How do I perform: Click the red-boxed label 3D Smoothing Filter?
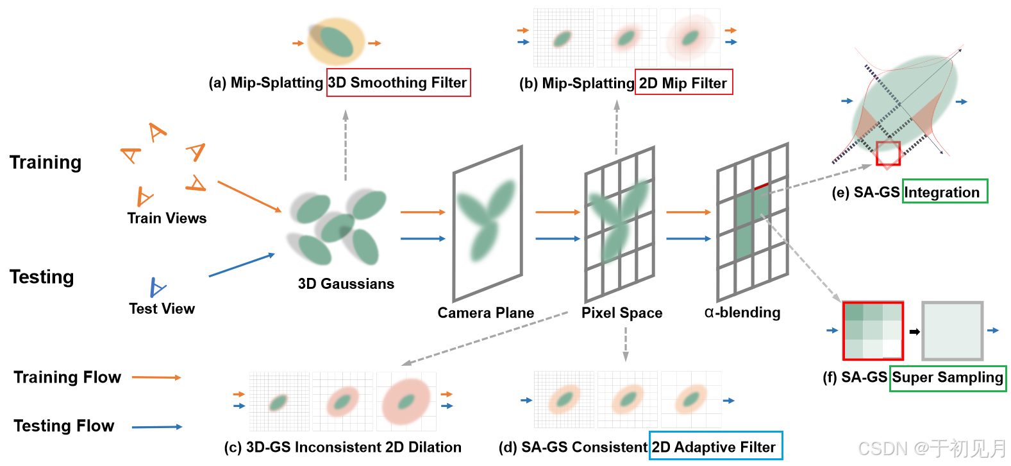pyautogui.click(x=398, y=83)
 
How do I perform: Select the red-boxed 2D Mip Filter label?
pyautogui.click(x=683, y=83)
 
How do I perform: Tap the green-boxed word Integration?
pyautogui.click(x=944, y=192)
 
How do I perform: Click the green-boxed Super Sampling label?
pyautogui.click(x=948, y=377)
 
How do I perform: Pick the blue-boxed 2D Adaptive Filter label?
pyautogui.click(x=715, y=447)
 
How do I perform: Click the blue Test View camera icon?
pyautogui.click(x=156, y=288)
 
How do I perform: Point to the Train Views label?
pyautogui.click(x=167, y=218)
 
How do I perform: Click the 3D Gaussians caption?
pyautogui.click(x=346, y=284)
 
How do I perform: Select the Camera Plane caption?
pyautogui.click(x=485, y=313)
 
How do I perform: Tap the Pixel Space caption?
pyautogui.click(x=622, y=313)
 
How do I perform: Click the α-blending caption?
pyautogui.click(x=742, y=313)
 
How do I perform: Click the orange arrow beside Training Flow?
pyautogui.click(x=156, y=377)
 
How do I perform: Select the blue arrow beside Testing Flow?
pyautogui.click(x=156, y=427)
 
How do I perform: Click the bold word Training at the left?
pyautogui.click(x=46, y=162)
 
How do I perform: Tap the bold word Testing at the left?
pyautogui.click(x=42, y=277)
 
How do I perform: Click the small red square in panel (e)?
pyautogui.click(x=888, y=153)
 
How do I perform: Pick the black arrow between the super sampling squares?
pyautogui.click(x=914, y=332)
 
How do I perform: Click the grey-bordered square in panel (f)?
pyautogui.click(x=952, y=331)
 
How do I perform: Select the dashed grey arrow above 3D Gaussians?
pyautogui.click(x=346, y=144)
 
